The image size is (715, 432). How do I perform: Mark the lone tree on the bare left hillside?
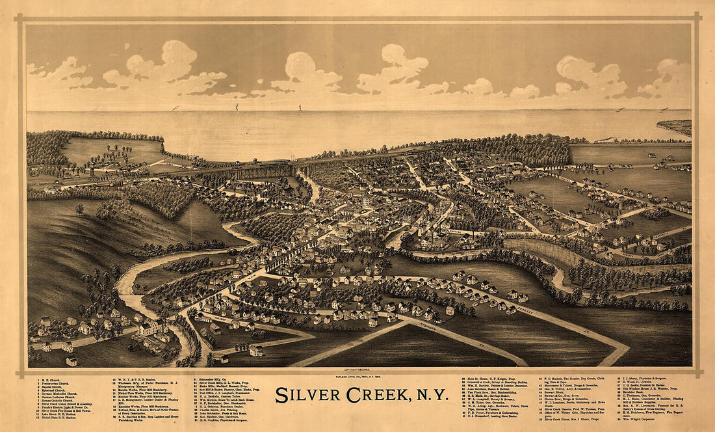(x=79, y=209)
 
